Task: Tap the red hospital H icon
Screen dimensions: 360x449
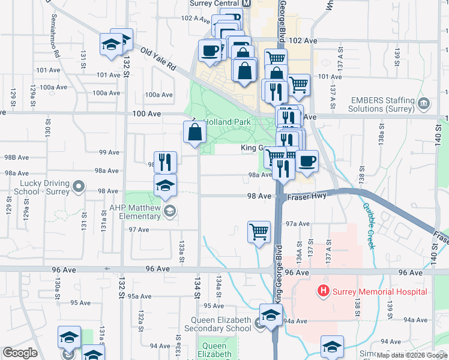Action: (x=324, y=292)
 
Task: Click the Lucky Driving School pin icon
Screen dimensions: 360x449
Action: (x=78, y=187)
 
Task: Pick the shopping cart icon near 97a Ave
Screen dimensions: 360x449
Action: (x=259, y=231)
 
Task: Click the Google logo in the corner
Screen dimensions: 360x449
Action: (x=20, y=353)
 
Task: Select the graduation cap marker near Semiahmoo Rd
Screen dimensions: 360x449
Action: (x=110, y=45)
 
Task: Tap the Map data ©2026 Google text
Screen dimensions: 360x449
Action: (x=412, y=355)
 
